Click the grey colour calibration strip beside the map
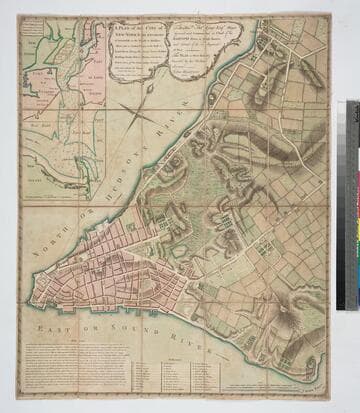352,205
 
